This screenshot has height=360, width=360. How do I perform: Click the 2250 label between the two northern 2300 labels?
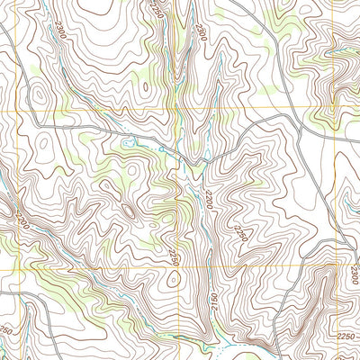point(159,11)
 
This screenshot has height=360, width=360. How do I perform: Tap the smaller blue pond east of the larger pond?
point(161,149)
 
